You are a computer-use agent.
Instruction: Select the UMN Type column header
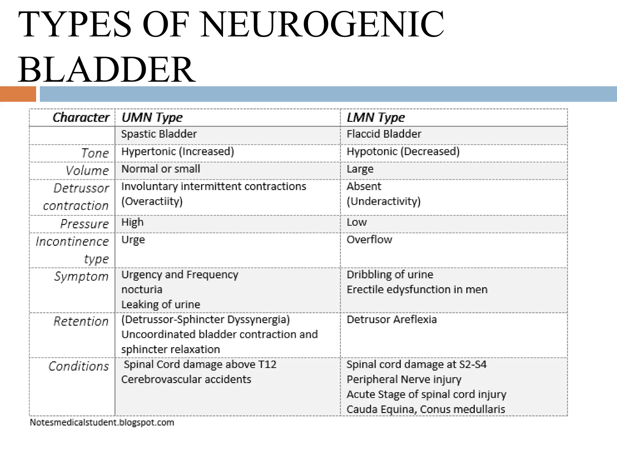[152, 117]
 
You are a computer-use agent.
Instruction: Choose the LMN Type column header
[376, 117]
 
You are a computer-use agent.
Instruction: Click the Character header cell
[81, 117]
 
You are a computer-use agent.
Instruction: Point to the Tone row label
[95, 153]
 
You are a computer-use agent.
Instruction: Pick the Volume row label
[87, 171]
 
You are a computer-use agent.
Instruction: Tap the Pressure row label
[84, 224]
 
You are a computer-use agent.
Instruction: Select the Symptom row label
[81, 276]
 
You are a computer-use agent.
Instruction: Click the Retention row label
[81, 321]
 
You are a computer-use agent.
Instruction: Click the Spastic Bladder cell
[159, 134]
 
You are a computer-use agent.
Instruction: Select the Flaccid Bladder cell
[384, 134]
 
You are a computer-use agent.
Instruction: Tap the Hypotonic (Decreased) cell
[403, 151]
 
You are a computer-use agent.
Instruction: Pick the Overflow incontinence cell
[369, 240]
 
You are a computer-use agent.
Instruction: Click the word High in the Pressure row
[133, 222]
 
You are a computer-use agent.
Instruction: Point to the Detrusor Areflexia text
[392, 320]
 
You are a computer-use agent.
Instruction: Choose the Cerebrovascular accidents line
[186, 379]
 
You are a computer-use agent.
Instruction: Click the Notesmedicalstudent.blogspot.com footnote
[102, 422]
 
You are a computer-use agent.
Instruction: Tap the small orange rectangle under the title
[18, 94]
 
